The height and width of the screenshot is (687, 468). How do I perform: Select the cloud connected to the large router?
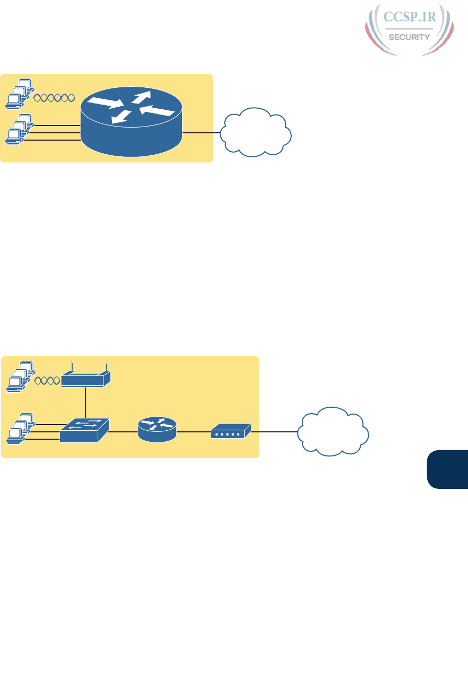coord(256,133)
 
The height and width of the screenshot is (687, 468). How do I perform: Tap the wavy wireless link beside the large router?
coord(54,97)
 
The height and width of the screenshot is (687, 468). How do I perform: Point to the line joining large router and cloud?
coord(201,133)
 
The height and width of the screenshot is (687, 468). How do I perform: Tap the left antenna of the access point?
coord(71,365)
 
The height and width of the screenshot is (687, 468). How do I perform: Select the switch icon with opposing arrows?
coord(85,430)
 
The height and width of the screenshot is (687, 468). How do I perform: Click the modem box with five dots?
coord(231,432)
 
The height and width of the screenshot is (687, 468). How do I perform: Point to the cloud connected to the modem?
coord(333,432)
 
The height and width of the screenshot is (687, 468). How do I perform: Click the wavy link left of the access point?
coord(47,380)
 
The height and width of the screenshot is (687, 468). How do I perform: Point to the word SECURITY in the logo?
coord(410,37)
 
